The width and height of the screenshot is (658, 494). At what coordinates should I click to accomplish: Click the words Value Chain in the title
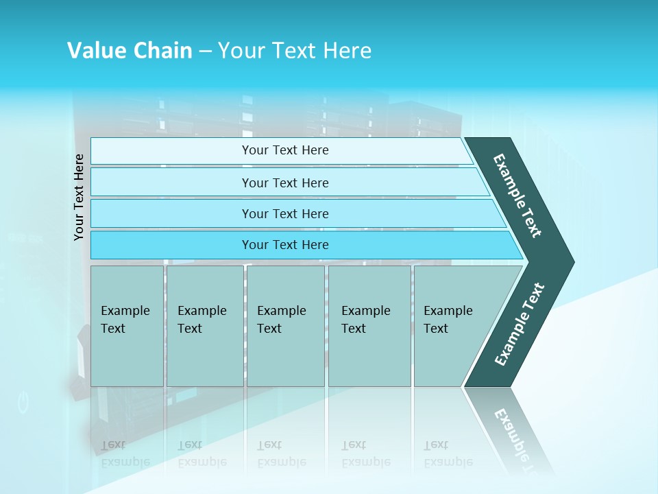130,51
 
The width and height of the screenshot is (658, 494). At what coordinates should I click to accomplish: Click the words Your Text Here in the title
295,51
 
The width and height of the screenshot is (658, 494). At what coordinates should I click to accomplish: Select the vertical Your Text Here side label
80,197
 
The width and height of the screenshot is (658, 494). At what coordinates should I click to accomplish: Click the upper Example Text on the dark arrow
518,196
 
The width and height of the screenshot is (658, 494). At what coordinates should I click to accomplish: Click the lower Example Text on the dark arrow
519,325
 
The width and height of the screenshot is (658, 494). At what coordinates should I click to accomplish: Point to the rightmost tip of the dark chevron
572,262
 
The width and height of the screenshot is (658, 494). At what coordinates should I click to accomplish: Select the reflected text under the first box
125,454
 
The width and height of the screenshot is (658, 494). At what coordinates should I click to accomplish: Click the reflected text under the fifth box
448,454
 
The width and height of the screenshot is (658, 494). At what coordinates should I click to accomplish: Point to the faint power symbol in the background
23,402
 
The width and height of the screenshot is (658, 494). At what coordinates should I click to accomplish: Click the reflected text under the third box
281,454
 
